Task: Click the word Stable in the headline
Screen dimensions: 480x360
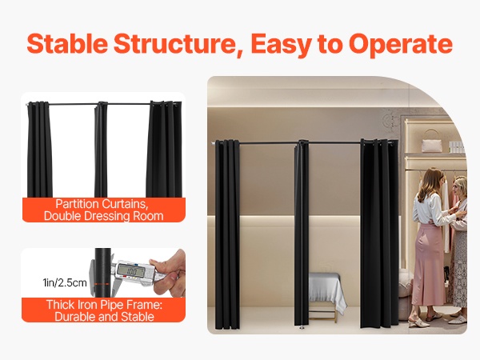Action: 67,43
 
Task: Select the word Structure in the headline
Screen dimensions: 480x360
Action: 178,44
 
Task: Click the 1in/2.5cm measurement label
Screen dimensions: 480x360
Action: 65,282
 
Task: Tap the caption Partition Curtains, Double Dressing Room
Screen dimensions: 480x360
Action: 103,210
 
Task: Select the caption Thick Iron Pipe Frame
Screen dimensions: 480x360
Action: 104,305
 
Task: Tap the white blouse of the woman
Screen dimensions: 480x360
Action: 430,209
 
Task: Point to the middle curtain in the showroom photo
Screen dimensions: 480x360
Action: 302,234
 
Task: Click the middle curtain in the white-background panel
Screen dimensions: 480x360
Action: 101,150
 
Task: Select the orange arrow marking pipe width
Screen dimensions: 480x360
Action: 102,284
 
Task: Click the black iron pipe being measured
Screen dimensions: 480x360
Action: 102,273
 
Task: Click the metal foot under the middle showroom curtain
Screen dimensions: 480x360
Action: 302,327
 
